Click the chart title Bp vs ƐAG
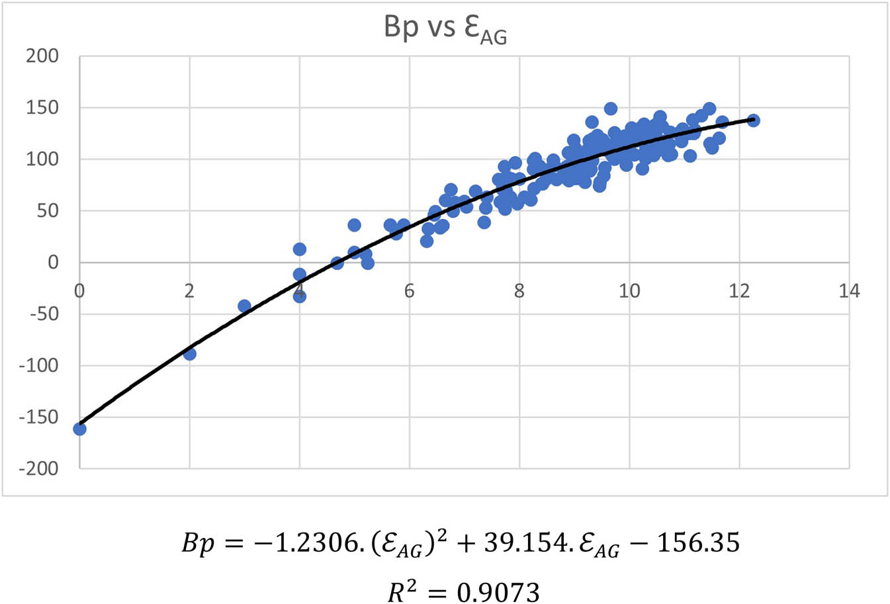(x=445, y=30)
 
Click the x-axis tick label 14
(x=849, y=291)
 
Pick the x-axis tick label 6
(x=409, y=291)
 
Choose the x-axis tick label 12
(x=738, y=291)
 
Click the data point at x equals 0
(x=79, y=429)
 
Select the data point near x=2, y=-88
(x=190, y=354)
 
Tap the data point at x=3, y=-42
(x=244, y=306)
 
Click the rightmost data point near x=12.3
(x=753, y=120)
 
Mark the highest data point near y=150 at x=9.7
(x=611, y=108)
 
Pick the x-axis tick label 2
(x=189, y=291)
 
